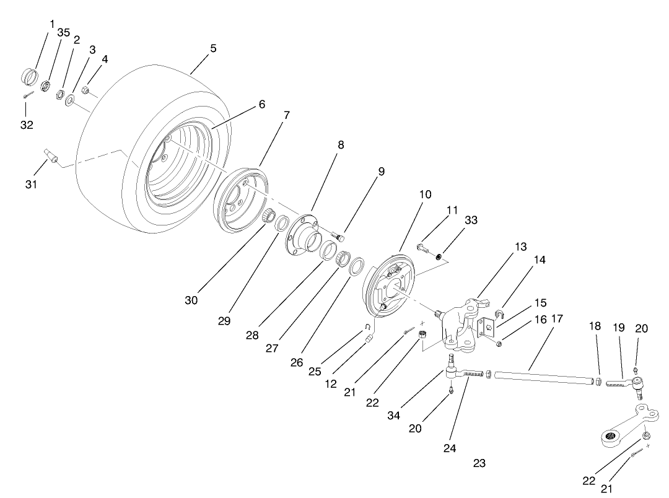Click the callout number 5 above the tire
(x=213, y=48)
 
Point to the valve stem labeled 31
(x=50, y=155)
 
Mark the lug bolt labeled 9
(x=338, y=235)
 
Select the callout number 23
(x=479, y=463)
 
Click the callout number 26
(x=296, y=362)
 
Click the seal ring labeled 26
(x=357, y=268)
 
